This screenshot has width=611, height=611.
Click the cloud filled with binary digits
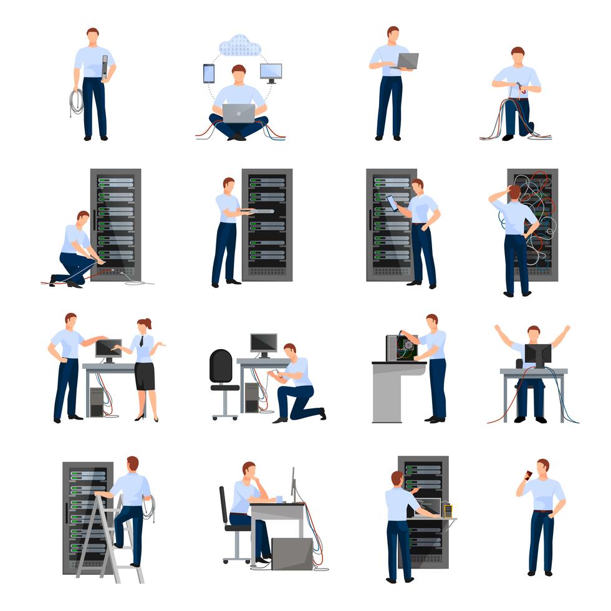(x=239, y=46)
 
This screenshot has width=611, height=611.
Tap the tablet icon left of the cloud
(x=208, y=74)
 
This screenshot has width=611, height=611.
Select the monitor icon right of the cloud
(x=271, y=72)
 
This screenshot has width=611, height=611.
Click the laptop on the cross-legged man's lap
(x=238, y=113)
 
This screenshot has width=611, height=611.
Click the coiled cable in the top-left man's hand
(x=76, y=102)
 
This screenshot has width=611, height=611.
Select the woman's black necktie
(x=143, y=342)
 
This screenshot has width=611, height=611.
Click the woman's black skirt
(x=144, y=376)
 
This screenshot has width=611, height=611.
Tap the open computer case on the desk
(x=401, y=348)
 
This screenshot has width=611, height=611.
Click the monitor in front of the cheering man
(x=537, y=355)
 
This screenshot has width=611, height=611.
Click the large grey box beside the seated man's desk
(x=292, y=554)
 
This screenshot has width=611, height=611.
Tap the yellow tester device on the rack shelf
(x=447, y=510)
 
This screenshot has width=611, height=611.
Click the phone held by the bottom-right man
(x=528, y=475)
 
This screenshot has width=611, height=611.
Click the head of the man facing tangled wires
(x=514, y=192)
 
